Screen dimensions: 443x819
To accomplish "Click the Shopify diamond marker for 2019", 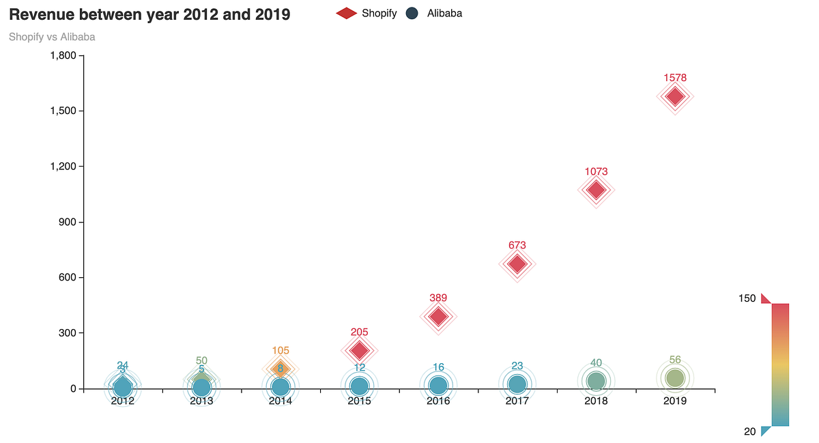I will point(675,96).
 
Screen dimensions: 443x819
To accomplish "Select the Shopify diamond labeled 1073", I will point(596,190).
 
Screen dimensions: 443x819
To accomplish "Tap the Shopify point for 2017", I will point(517,263).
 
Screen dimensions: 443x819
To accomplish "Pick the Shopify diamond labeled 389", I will point(438,316).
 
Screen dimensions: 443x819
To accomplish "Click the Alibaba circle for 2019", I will point(675,378).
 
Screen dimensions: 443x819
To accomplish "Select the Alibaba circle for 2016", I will point(438,386).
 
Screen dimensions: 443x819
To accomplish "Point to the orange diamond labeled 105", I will point(281,369).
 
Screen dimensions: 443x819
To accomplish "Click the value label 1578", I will point(675,78).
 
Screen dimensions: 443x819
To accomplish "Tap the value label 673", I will point(517,245).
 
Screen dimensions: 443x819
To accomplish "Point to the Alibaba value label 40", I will point(596,363).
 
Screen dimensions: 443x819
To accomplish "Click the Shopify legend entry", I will point(367,13).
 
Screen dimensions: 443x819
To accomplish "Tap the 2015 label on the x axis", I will point(359,401).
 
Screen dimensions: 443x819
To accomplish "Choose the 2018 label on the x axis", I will point(596,401).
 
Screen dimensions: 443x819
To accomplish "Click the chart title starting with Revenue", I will point(149,14).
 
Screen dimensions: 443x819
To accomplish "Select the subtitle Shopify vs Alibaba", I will point(52,37).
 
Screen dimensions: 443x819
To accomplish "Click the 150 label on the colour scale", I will point(747,298).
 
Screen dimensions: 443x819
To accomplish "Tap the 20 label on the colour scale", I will point(749,431).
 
